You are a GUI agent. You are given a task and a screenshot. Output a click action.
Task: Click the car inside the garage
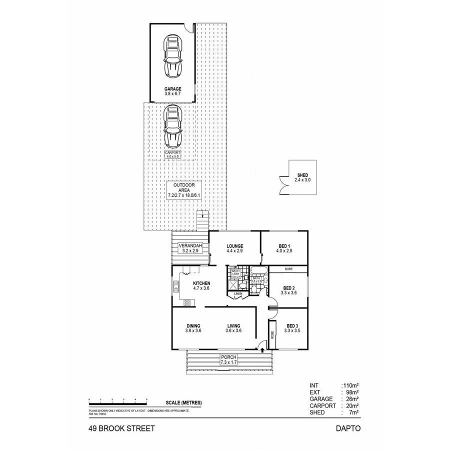coord(172,55)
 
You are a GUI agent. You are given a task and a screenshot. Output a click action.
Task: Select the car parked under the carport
coord(172,125)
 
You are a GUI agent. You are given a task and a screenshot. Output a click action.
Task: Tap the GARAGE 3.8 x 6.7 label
coord(172,91)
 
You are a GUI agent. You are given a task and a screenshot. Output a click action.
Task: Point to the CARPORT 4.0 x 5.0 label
coord(172,154)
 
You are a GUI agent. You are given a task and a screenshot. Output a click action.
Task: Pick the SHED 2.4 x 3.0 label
coord(302,177)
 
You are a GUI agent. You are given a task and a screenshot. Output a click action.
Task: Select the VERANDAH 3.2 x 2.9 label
coord(190,247)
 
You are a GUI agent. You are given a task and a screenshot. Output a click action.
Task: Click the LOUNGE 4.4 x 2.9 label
coord(234,248)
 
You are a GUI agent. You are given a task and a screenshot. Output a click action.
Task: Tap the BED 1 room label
coord(283,248)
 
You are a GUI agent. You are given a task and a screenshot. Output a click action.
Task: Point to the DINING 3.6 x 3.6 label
coord(193,328)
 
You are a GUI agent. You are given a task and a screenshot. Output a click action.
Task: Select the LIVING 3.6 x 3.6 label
coord(233,328)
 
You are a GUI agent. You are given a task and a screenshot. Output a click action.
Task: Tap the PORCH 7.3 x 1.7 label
coord(228,358)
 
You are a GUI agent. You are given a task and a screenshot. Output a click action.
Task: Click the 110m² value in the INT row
coord(350,386)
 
